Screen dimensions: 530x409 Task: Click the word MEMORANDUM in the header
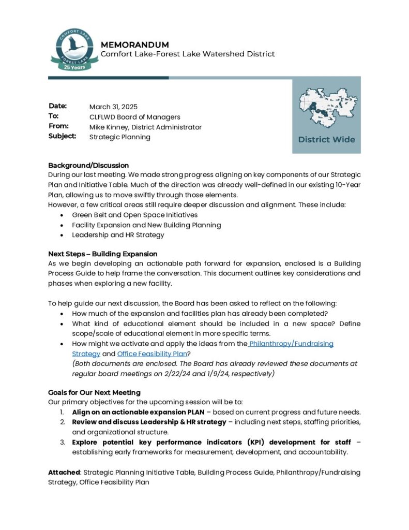tap(135, 45)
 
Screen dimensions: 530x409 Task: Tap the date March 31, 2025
tap(113, 107)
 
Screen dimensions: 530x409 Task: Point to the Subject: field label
tap(63, 136)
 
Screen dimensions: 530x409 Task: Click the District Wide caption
tap(326, 139)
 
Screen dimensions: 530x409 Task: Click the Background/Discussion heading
tap(88, 165)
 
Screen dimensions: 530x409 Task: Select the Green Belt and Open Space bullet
tap(134, 214)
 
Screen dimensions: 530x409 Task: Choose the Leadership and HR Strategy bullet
tap(118, 234)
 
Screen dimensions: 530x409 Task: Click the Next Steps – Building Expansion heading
tap(103, 254)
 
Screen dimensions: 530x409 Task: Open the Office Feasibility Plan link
tap(152, 354)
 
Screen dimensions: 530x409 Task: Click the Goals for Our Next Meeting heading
tap(94, 392)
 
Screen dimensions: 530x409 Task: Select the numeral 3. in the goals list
tap(62, 442)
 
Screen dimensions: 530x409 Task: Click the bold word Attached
tap(64, 472)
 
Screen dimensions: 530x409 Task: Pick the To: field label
tap(54, 116)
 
